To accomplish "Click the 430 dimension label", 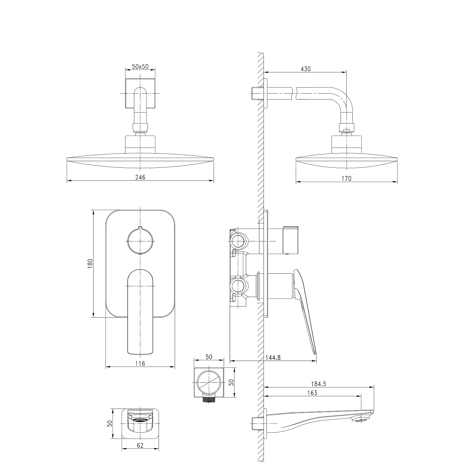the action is click(306, 69).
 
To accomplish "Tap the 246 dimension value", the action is click(140, 177).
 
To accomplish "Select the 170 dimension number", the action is click(346, 179).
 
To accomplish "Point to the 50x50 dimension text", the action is click(140, 67).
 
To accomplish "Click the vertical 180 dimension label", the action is click(90, 264).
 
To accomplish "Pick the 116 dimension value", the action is click(140, 363).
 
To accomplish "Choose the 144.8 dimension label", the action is click(273, 357).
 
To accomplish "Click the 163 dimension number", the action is click(312, 393).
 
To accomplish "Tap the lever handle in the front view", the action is click(140, 312).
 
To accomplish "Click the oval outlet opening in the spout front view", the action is click(140, 420).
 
